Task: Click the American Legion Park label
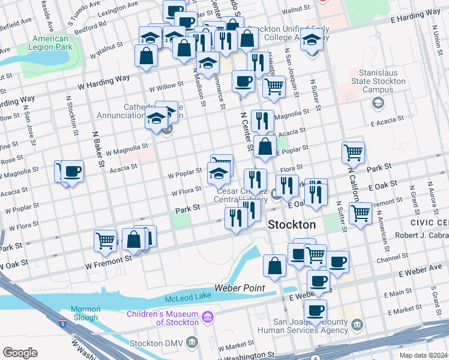(50, 43)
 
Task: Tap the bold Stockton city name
(291, 224)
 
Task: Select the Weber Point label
(245, 289)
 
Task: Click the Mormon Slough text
(86, 313)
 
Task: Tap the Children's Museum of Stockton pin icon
(208, 316)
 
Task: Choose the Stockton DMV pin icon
(192, 343)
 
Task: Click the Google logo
(20, 352)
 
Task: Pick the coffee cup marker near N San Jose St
(73, 172)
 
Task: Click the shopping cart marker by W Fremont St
(106, 241)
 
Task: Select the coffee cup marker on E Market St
(315, 310)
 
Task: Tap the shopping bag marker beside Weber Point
(274, 265)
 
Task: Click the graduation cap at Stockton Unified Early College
(312, 41)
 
